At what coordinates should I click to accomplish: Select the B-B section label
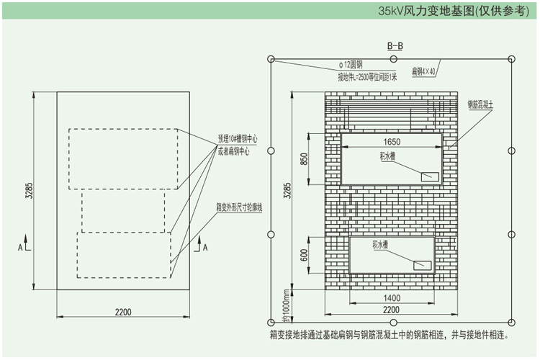[x=395, y=47]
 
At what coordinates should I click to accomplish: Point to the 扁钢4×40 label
[x=424, y=72]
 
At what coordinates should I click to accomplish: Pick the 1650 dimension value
[x=392, y=142]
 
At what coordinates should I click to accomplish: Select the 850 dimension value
[x=304, y=158]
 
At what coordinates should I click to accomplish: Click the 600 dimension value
[x=304, y=254]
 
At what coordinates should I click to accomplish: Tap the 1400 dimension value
[x=391, y=297]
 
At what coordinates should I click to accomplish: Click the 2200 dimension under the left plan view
[x=122, y=312]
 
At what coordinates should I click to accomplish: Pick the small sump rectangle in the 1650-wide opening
[x=431, y=175]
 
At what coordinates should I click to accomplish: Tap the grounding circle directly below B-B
[x=391, y=58]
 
